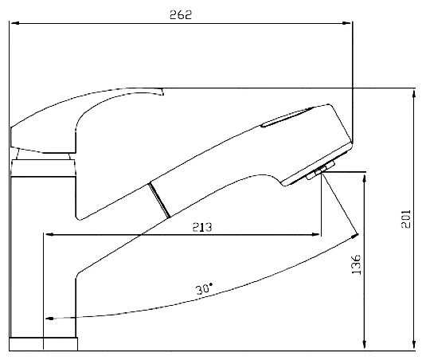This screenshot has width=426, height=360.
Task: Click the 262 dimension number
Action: pos(181,14)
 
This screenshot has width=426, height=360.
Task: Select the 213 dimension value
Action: pos(202,227)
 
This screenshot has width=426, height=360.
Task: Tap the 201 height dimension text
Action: pos(406,219)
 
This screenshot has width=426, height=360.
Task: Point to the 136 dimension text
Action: pos(356,264)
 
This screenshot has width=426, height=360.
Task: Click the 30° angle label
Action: pos(204,289)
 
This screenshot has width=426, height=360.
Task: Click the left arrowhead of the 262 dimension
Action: pos(15,23)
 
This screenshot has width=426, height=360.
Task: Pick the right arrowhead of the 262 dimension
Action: pos(346,23)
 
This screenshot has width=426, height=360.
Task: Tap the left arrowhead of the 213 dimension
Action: pos(49,234)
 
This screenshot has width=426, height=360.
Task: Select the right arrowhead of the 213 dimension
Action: pos(315,234)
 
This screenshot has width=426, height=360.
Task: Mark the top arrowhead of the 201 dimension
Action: pos(414,95)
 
